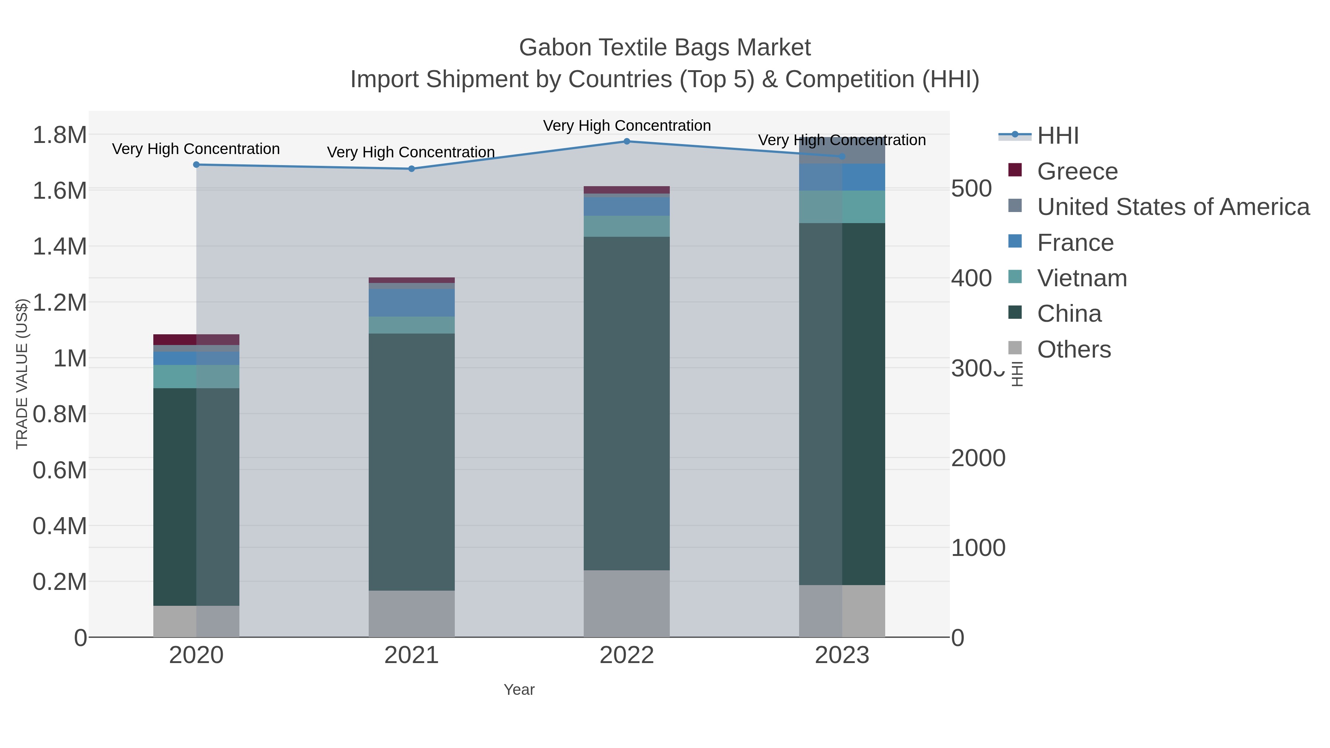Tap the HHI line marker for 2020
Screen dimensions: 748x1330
[x=196, y=165]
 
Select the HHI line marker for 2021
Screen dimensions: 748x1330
[x=412, y=169]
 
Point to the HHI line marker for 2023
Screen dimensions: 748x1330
[x=842, y=156]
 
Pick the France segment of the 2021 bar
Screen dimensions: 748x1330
[x=412, y=303]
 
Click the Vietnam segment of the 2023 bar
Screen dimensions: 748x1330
[x=842, y=206]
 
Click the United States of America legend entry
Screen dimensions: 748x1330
[x=1173, y=207]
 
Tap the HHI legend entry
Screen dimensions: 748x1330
[x=1057, y=136]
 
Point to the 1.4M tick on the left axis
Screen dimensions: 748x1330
[x=60, y=247]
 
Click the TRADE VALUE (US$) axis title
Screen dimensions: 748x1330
[x=22, y=374]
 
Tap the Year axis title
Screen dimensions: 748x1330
[x=519, y=690]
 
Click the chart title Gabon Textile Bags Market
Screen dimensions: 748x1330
[x=665, y=48]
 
